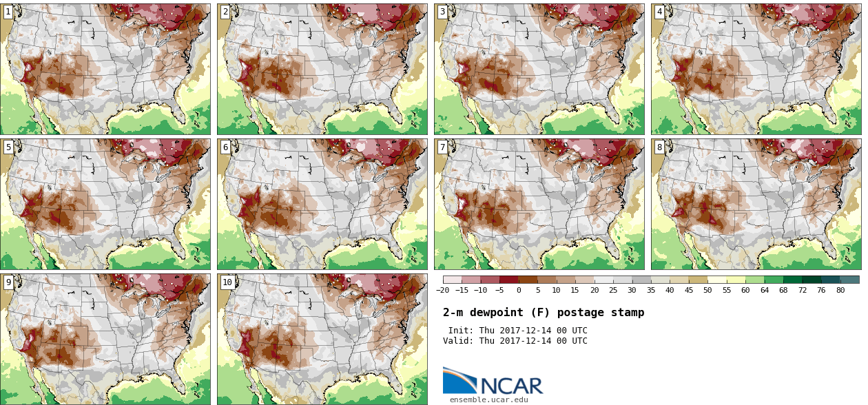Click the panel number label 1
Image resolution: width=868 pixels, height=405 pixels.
[8, 12]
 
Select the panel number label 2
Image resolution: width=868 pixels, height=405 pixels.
[225, 12]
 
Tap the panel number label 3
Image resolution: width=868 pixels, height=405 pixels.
[442, 12]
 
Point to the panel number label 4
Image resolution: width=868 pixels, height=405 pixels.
[659, 12]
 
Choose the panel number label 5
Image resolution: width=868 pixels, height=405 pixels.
[8, 147]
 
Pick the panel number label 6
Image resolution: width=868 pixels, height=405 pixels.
[225, 147]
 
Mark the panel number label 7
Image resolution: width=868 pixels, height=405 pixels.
[442, 147]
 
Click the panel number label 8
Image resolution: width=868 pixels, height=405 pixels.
[659, 147]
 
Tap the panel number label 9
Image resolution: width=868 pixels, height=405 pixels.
[8, 282]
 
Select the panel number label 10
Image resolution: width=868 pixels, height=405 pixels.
[227, 282]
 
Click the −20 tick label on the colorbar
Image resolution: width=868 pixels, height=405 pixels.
[442, 290]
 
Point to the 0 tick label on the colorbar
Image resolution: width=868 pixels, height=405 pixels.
[519, 290]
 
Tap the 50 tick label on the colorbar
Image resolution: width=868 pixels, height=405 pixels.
[707, 290]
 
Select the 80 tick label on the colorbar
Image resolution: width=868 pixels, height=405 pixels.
[840, 290]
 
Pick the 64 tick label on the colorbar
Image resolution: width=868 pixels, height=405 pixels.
[764, 290]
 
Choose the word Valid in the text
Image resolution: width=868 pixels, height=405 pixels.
[457, 341]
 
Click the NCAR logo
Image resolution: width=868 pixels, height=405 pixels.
[493, 382]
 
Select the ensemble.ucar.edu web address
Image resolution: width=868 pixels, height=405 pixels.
[489, 399]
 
